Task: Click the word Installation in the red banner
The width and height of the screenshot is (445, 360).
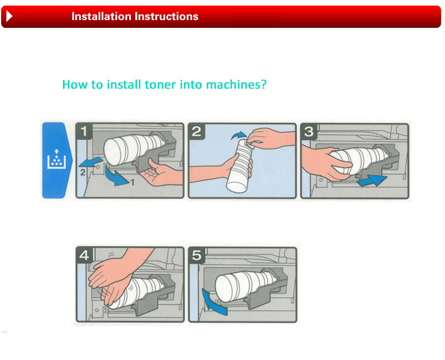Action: (101, 17)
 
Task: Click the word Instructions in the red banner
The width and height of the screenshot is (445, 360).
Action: (167, 17)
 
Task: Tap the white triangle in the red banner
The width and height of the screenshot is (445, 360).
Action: (9, 16)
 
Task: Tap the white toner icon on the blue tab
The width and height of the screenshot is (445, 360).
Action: (56, 159)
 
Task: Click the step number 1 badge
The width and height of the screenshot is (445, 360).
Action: (84, 132)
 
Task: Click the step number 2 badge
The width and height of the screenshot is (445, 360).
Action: (197, 132)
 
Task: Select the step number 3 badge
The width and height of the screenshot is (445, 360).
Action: (309, 132)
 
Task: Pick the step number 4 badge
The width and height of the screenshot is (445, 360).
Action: (84, 255)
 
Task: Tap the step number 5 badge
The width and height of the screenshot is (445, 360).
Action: (197, 255)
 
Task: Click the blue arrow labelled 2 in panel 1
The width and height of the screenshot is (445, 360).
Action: (91, 162)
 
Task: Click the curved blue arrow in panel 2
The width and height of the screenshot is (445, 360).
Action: (238, 135)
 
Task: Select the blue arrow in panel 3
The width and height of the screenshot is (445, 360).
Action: (372, 181)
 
